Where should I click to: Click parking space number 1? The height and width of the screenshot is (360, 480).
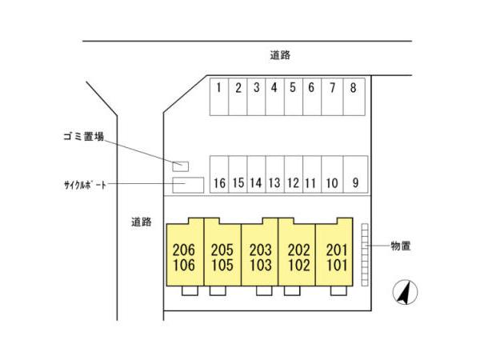pos(218,97)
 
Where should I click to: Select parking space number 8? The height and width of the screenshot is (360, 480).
pos(353,97)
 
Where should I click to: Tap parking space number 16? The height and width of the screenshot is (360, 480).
pos(218,174)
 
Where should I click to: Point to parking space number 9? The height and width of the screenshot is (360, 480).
pos(354,174)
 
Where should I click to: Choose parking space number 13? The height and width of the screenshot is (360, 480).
pos(274,174)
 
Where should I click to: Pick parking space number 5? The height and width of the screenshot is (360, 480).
pos(292,97)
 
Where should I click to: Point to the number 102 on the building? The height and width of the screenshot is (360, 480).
pos(298,264)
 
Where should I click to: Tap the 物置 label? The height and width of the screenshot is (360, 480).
pos(401,246)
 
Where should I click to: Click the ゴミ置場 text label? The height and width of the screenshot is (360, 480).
pos(84,137)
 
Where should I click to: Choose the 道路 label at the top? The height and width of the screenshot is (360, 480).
pos(279,55)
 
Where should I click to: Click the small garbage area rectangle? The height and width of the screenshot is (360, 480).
pos(182,166)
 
